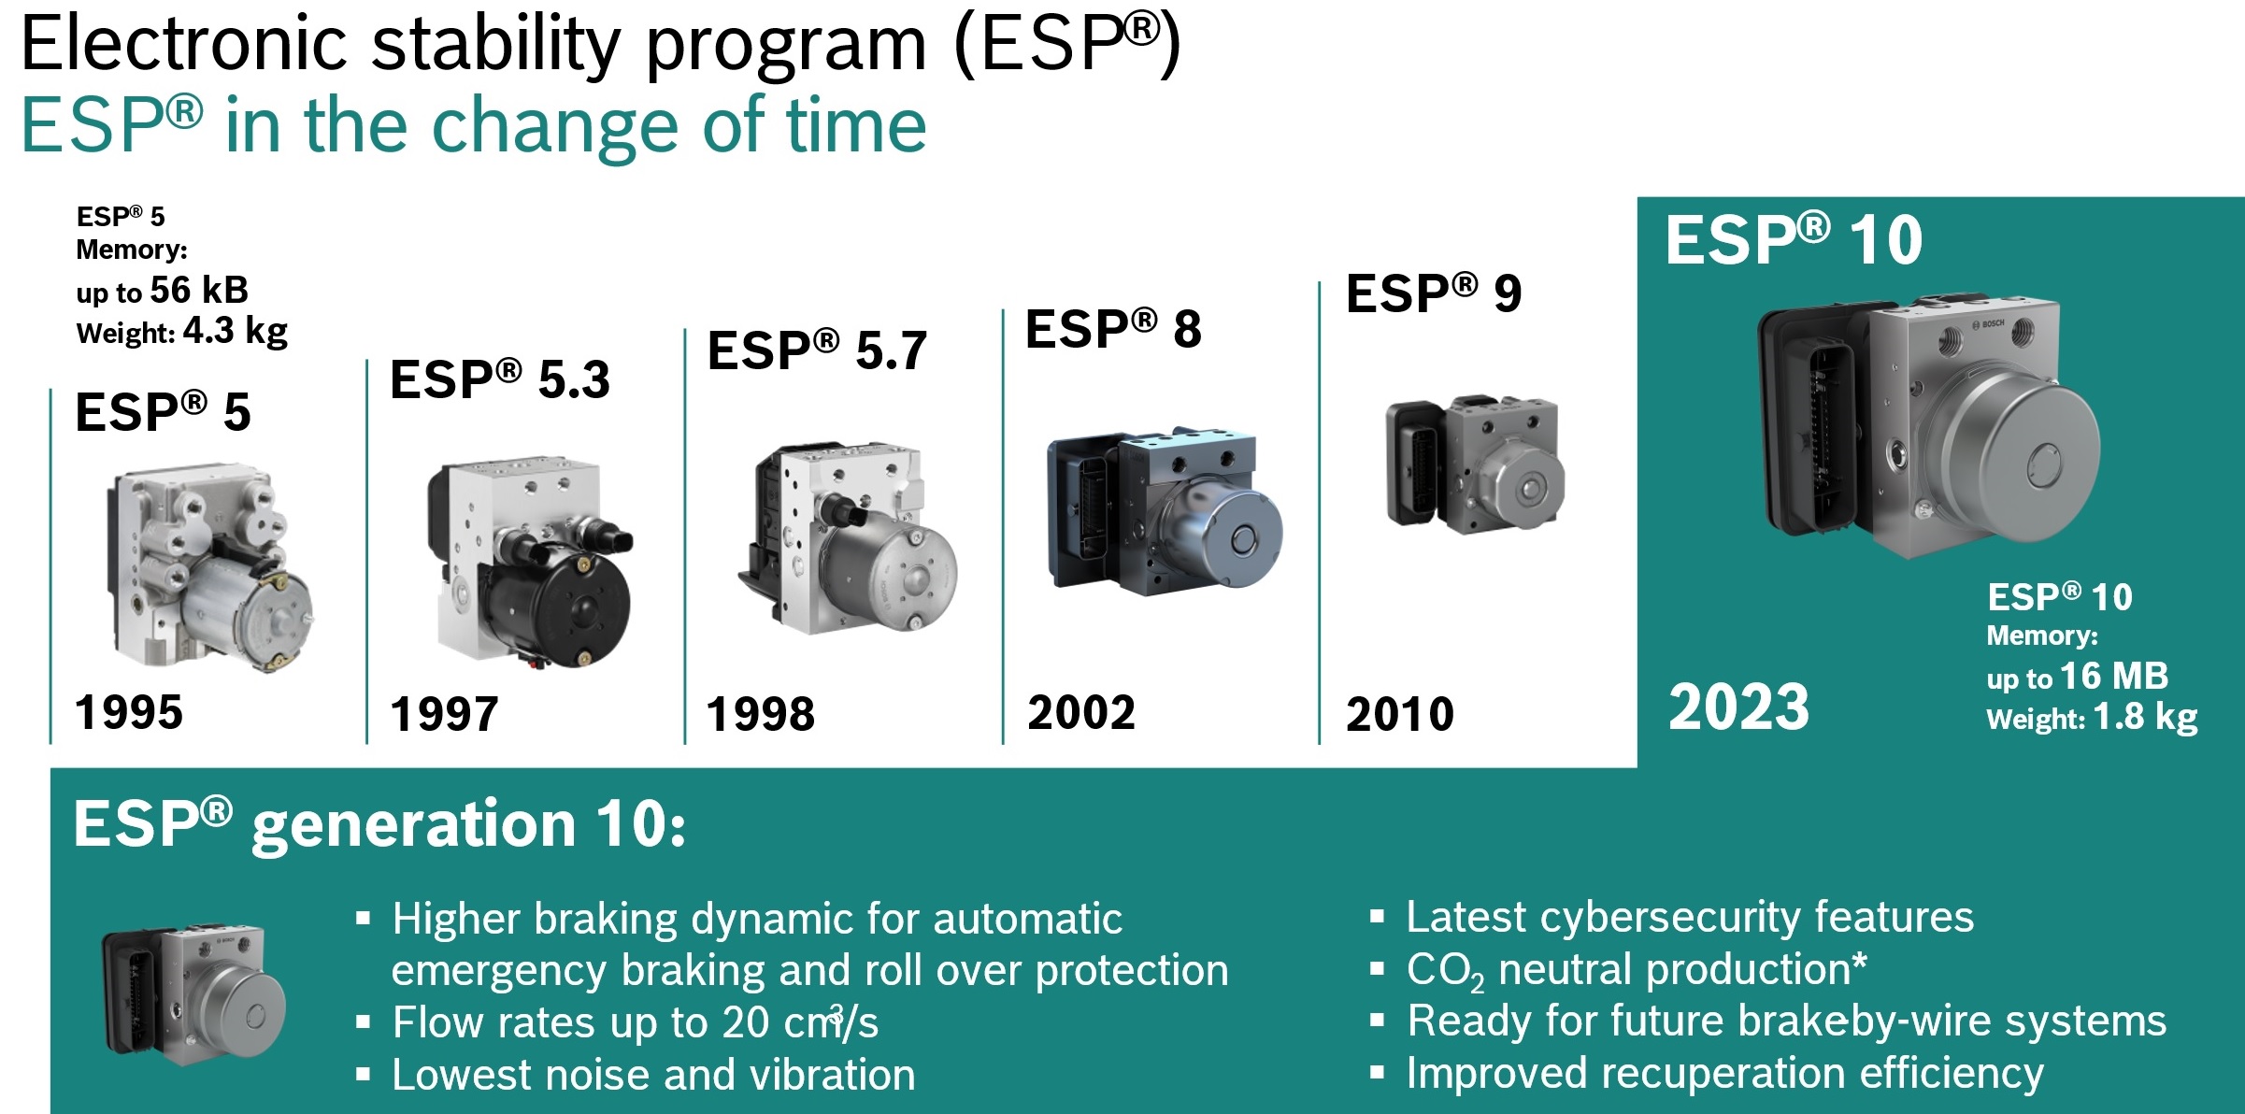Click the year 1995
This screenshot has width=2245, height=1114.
click(x=129, y=712)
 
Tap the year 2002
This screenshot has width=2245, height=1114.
click(x=1081, y=713)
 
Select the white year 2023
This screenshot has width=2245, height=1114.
click(x=1738, y=707)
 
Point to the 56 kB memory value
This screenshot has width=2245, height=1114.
click(x=199, y=290)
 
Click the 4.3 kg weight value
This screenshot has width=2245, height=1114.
click(x=236, y=331)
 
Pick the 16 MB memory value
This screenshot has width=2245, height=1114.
click(x=2113, y=676)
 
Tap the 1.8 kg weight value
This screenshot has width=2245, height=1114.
click(x=2145, y=718)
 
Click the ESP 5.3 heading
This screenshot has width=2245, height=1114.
click(x=500, y=379)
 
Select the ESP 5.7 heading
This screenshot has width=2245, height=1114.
click(x=817, y=350)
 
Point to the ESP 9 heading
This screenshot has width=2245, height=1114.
click(x=1434, y=293)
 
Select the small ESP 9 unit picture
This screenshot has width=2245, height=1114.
click(x=1475, y=464)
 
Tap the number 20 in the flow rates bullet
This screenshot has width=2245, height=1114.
click(x=746, y=1022)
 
